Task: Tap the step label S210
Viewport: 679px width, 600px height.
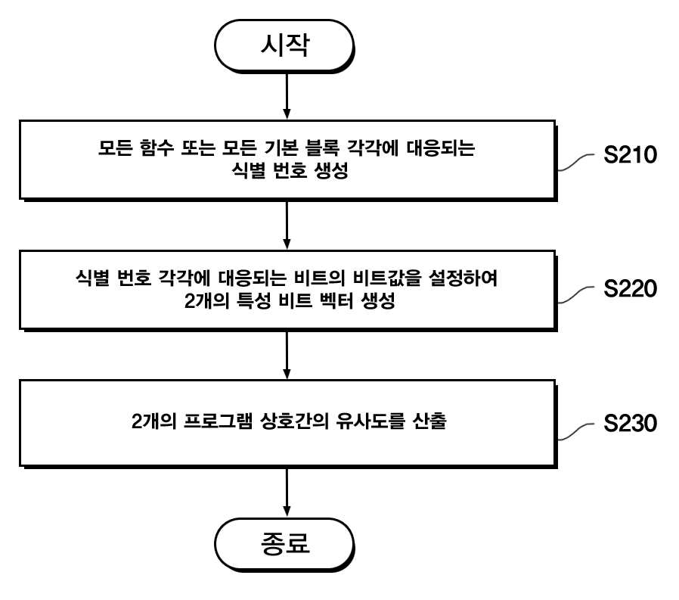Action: click(x=630, y=154)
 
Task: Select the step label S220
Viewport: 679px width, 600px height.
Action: click(x=630, y=288)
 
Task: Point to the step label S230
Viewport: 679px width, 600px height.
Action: click(x=630, y=423)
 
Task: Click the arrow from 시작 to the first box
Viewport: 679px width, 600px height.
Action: click(x=287, y=95)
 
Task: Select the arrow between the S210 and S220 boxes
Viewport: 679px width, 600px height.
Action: click(x=287, y=225)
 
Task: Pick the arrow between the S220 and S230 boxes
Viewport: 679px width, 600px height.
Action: click(x=287, y=355)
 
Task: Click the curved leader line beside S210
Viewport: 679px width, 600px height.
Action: click(x=576, y=163)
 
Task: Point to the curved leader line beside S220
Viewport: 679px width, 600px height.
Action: click(x=576, y=295)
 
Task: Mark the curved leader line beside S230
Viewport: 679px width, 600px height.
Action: click(x=576, y=432)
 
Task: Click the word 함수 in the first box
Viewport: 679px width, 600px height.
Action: click(x=157, y=148)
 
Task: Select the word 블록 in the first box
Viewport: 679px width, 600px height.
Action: click(x=322, y=148)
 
